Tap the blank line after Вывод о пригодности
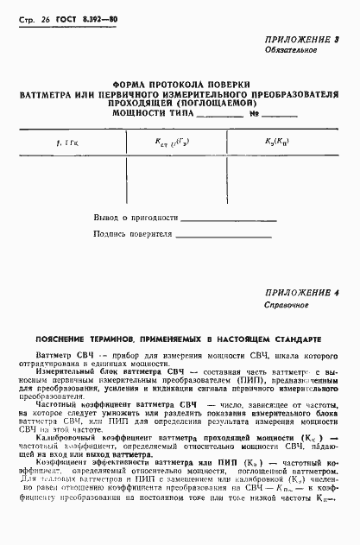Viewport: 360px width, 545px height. point(228,221)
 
